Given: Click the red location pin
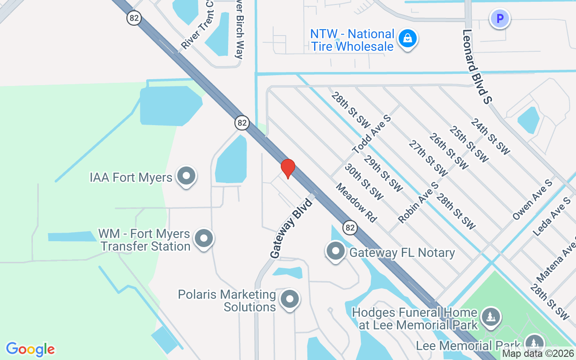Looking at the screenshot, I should [x=288, y=168].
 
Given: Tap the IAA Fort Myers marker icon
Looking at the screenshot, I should [x=186, y=176].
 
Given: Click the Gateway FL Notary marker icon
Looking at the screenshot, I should [x=335, y=252].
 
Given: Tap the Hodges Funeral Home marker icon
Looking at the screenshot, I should [x=490, y=317].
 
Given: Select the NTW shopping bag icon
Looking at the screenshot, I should [x=408, y=39].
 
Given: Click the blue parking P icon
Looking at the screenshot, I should [x=499, y=19].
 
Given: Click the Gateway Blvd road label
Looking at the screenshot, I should [x=291, y=228].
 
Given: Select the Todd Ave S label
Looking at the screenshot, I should [x=372, y=134].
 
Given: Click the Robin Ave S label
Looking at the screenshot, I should [x=418, y=202].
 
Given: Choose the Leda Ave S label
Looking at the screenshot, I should [x=551, y=216].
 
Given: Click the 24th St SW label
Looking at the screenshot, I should [x=490, y=136].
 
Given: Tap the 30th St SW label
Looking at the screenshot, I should [x=364, y=182].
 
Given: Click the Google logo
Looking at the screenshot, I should [x=30, y=349].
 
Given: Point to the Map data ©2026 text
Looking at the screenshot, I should [x=537, y=354].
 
